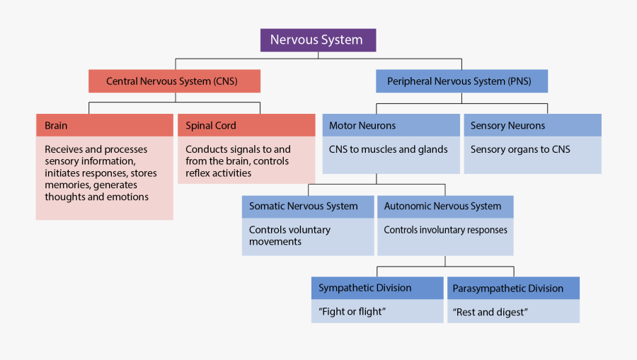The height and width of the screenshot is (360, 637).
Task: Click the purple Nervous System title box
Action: click(x=318, y=40)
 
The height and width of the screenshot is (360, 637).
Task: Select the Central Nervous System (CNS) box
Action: click(x=174, y=81)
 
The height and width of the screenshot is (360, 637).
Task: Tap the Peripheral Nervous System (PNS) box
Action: click(x=462, y=81)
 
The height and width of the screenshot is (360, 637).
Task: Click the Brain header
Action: click(x=104, y=125)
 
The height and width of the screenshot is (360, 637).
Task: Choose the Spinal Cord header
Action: click(x=246, y=125)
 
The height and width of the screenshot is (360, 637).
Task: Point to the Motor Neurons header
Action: click(x=391, y=125)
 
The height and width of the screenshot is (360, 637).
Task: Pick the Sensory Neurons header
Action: click(x=532, y=125)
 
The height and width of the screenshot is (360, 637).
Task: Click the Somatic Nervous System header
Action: click(x=307, y=207)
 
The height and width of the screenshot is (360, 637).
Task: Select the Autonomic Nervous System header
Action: click(x=445, y=207)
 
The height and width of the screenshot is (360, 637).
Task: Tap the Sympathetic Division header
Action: click(x=377, y=288)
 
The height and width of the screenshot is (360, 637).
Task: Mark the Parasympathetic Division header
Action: click(x=513, y=288)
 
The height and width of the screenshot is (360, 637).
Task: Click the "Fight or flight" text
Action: click(x=352, y=312)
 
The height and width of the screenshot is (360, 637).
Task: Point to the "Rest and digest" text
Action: click(x=490, y=312)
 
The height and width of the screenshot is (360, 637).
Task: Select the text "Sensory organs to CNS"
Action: click(x=520, y=149)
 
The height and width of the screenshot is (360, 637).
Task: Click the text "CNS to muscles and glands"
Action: click(x=388, y=149)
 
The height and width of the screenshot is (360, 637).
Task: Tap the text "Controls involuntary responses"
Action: click(x=445, y=230)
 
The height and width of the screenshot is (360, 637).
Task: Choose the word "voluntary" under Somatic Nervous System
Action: click(x=309, y=230)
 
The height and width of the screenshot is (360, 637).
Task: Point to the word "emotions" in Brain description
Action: click(x=128, y=197)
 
